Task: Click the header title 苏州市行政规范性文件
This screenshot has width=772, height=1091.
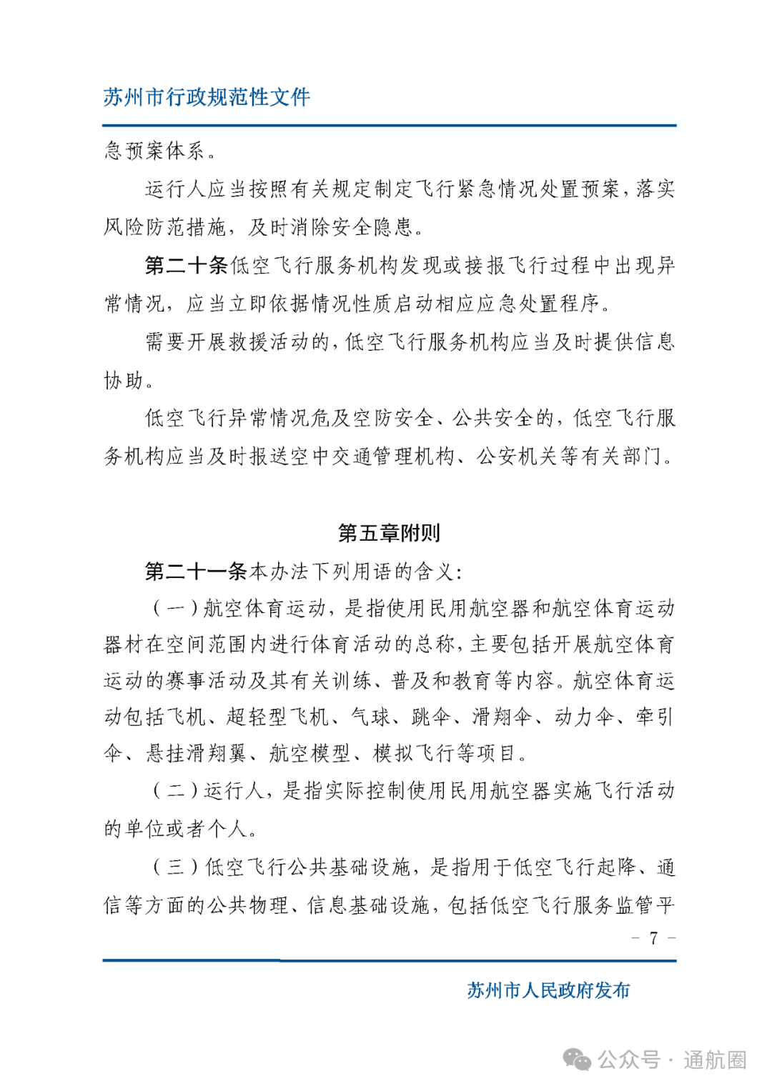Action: [207, 96]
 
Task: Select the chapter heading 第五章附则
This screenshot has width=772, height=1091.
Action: [388, 532]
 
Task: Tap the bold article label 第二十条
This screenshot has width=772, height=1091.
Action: [186, 266]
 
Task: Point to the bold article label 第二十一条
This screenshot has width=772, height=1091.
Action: [196, 571]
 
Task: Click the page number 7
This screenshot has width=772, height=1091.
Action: [653, 938]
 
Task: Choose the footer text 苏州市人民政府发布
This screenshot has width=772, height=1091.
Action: [548, 990]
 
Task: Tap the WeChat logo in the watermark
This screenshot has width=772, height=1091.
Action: [577, 1059]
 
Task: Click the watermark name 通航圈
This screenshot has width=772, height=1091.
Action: [714, 1060]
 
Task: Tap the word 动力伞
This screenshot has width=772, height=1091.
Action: [584, 717]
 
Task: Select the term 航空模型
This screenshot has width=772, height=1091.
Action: [310, 753]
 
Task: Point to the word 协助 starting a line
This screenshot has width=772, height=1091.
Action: [124, 380]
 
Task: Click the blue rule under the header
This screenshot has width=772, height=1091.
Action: [389, 126]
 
